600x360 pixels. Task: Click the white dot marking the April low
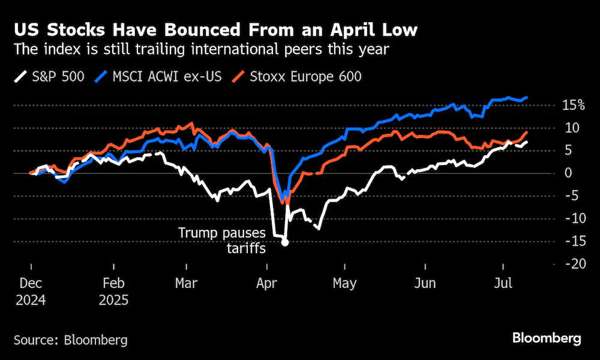[284, 242]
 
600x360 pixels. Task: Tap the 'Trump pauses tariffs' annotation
[223, 240]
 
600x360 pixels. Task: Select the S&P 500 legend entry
[49, 77]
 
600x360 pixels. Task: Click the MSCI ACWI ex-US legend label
[167, 77]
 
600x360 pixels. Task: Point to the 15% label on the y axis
[573, 105]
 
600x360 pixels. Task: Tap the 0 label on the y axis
[569, 173]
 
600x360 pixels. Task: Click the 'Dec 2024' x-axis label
[31, 292]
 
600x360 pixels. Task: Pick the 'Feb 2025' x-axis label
[113, 292]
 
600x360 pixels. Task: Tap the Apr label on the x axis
[267, 283]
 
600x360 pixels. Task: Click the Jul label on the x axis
[503, 283]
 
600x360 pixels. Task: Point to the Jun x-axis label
[425, 283]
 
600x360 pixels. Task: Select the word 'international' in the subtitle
[236, 49]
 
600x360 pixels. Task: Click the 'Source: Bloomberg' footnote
[71, 340]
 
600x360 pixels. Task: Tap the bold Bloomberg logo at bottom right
[547, 338]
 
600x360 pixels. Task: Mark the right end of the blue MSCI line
[527, 98]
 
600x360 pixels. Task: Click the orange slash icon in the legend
[238, 77]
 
